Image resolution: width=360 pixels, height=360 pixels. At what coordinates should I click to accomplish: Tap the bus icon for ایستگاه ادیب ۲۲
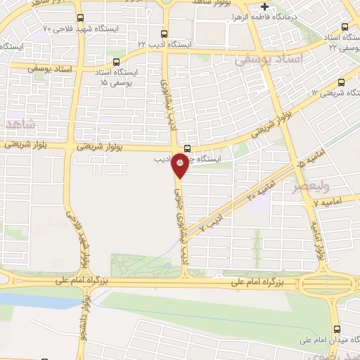pyautogui.click(x=165, y=33)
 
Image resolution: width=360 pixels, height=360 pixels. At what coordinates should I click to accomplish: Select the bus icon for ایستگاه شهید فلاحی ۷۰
pyautogui.click(x=79, y=17)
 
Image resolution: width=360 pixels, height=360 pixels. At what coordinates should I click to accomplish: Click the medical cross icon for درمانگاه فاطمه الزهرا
pyautogui.click(x=264, y=7)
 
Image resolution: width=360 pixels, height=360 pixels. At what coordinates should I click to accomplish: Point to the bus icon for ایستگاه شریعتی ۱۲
pyautogui.click(x=342, y=82)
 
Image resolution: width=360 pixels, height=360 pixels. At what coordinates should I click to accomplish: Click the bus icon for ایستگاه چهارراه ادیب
pyautogui.click(x=187, y=148)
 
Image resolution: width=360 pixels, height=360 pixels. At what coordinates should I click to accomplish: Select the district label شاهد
pyautogui.click(x=19, y=124)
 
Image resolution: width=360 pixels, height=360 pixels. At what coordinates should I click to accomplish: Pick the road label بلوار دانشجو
pyautogui.click(x=82, y=316)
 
